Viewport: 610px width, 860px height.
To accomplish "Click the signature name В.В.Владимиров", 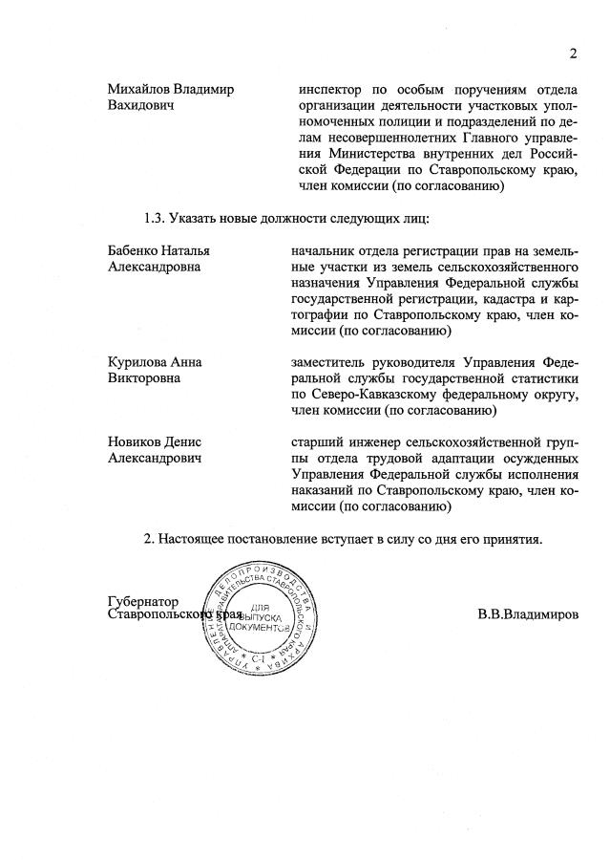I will tap(528, 614).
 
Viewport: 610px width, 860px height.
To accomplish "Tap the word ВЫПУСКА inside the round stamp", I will tap(256, 618).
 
